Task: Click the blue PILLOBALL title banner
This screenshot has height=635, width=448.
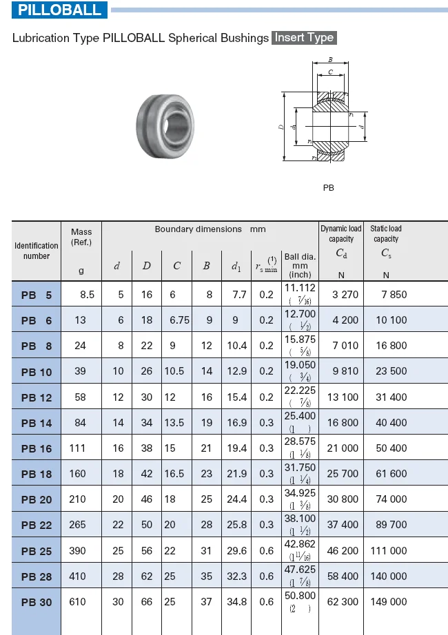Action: pos(59,10)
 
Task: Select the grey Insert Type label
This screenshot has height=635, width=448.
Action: pos(304,38)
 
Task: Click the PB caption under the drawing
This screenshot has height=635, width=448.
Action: pos(328,188)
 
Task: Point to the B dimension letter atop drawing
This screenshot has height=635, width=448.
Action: pos(330,59)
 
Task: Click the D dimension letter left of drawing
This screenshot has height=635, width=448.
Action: pos(281,127)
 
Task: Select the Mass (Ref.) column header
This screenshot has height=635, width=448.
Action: pos(81,237)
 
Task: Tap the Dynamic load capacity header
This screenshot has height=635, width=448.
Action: pos(341,233)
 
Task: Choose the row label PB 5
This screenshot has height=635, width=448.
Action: pos(37,295)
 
